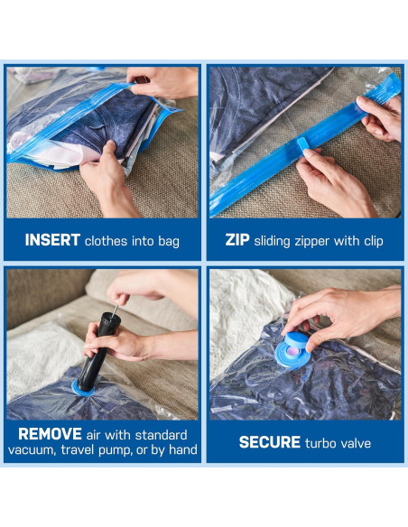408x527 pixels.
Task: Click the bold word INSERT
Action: tap(52, 240)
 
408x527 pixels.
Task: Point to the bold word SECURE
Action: tap(269, 442)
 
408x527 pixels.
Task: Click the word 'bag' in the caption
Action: tap(168, 240)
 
